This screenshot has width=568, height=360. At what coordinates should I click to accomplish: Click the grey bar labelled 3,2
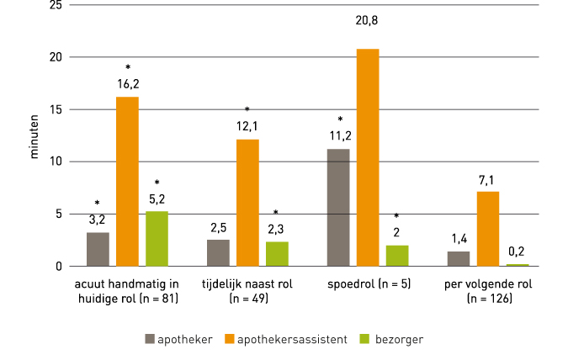pos(98,249)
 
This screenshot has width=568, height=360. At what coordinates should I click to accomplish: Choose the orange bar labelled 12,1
pos(247,203)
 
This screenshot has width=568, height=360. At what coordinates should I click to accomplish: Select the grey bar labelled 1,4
pos(459,258)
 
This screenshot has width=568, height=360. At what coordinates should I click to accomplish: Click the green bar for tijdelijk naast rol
pos(277,253)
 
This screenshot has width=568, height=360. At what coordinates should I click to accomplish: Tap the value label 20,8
pos(368,33)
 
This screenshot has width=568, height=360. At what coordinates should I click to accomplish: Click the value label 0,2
pos(518,250)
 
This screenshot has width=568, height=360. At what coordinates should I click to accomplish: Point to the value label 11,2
pos(338,135)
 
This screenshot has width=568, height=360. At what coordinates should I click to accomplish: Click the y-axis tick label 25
pos(56,5)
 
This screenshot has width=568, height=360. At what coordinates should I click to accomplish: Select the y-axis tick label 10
pos(56,161)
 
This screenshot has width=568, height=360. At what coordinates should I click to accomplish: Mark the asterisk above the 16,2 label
pos(127,67)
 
